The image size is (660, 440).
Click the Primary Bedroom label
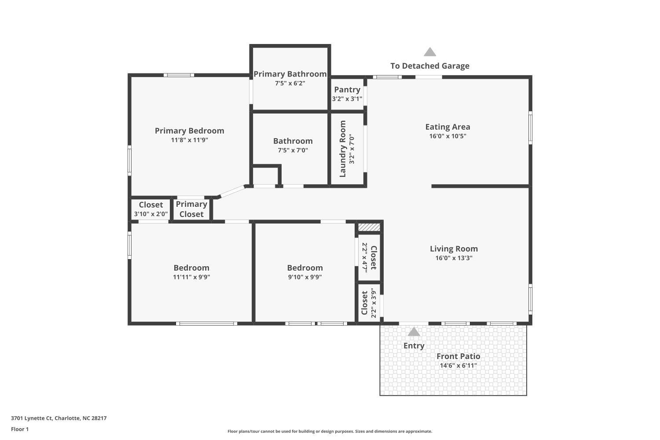coord(189,131)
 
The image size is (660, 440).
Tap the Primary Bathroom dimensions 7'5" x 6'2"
coord(290,83)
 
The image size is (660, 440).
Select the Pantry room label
coord(347,90)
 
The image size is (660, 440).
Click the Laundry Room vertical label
coord(343,149)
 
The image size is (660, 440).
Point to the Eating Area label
coord(447,127)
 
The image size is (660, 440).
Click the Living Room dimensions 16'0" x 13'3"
coord(454,258)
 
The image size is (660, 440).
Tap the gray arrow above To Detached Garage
coord(430,52)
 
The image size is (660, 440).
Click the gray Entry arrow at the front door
coord(414,332)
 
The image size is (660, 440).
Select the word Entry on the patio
coord(414,346)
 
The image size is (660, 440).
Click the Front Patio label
coord(458,356)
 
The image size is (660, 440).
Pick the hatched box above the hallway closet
coord(369,227)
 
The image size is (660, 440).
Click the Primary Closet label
coord(191,209)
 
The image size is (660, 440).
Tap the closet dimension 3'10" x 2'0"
coord(151,214)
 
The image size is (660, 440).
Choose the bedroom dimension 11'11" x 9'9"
coord(191,277)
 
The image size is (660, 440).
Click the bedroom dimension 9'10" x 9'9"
coord(305,277)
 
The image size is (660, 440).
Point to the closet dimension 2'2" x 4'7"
coord(365,257)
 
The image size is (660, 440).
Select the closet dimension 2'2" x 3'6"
coord(374,303)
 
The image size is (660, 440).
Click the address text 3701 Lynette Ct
coord(31,418)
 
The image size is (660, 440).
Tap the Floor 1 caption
coord(20,429)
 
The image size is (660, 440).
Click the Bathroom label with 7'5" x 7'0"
coord(293,141)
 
